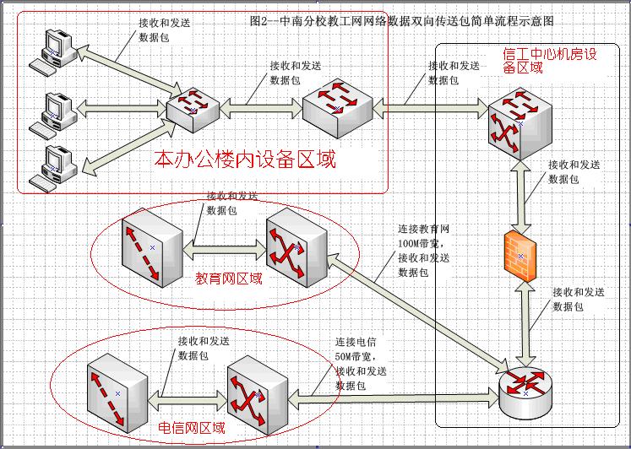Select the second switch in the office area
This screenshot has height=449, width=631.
[339, 106]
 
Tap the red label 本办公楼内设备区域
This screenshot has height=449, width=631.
[245, 159]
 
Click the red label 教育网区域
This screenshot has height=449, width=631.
[229, 278]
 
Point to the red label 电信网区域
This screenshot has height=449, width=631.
[192, 428]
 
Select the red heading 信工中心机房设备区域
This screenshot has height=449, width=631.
[550, 61]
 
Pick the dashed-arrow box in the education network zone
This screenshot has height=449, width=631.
[150, 249]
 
